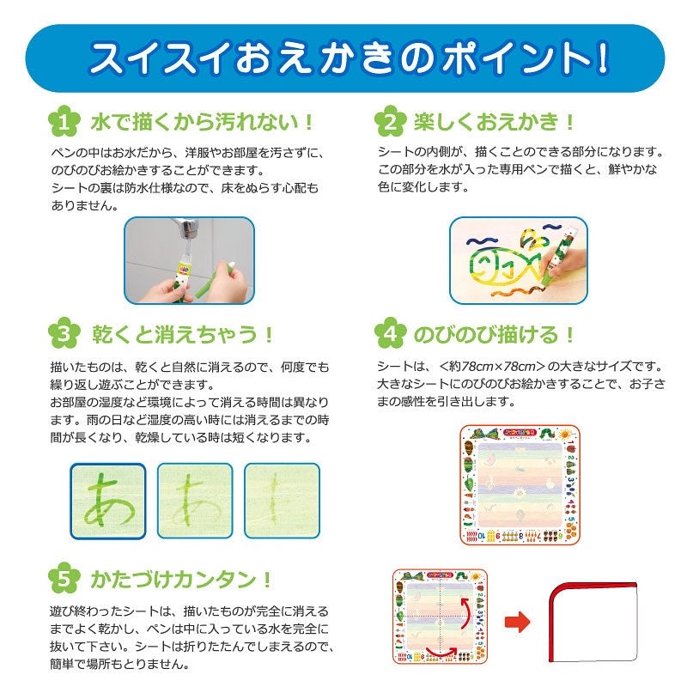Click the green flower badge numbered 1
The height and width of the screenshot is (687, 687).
[64, 121]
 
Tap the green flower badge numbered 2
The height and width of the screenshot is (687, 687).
[390, 121]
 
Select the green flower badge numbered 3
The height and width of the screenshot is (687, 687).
[64, 334]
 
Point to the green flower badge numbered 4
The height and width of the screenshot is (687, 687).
[390, 334]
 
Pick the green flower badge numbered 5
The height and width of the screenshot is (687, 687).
[64, 578]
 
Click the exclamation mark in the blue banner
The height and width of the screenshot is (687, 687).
[604, 58]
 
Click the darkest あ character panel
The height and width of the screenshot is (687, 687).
[108, 501]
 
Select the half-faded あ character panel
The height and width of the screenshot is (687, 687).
[195, 501]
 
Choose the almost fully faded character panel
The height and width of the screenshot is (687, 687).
[283, 501]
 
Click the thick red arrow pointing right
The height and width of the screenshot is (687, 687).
[518, 621]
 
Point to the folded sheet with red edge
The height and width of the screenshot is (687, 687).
[593, 622]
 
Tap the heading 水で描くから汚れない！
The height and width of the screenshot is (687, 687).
[202, 122]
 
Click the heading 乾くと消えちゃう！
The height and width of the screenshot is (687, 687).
[182, 335]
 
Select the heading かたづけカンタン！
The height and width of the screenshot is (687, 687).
[181, 579]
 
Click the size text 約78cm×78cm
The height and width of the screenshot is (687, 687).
[492, 367]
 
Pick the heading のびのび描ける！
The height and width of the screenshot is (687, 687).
[494, 335]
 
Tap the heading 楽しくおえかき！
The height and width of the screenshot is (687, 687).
[494, 122]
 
